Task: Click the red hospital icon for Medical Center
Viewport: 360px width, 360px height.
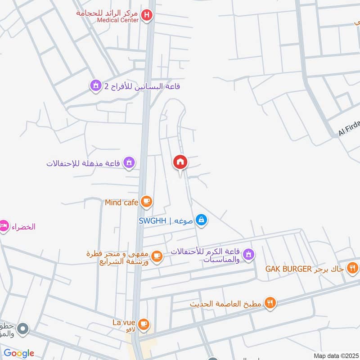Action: pyautogui.click(x=147, y=17)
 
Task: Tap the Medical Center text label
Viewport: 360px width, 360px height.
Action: pyautogui.click(x=118, y=20)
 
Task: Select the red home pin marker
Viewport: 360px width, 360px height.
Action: pyautogui.click(x=180, y=162)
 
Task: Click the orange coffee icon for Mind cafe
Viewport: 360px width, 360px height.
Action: pyautogui.click(x=146, y=202)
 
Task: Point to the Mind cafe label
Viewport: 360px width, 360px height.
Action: pyautogui.click(x=121, y=202)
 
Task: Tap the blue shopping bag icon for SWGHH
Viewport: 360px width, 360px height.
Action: pyautogui.click(x=202, y=220)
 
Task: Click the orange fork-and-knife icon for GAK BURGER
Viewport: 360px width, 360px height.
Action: pyautogui.click(x=353, y=269)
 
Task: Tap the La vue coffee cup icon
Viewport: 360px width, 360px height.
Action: pyautogui.click(x=144, y=324)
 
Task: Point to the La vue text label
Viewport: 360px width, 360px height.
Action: pyautogui.click(x=124, y=323)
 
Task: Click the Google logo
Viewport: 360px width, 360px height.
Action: pyautogui.click(x=19, y=353)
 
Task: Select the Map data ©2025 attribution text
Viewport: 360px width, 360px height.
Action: pyautogui.click(x=336, y=355)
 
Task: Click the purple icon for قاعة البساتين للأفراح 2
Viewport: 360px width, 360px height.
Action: pyautogui.click(x=95, y=85)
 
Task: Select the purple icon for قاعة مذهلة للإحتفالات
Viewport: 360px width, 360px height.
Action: pyautogui.click(x=129, y=163)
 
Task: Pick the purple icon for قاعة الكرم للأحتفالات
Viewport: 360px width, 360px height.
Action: pyautogui.click(x=248, y=256)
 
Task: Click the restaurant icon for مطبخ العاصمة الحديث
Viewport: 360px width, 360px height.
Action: pyautogui.click(x=270, y=303)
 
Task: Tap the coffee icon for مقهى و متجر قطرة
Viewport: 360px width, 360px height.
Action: pyautogui.click(x=156, y=256)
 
